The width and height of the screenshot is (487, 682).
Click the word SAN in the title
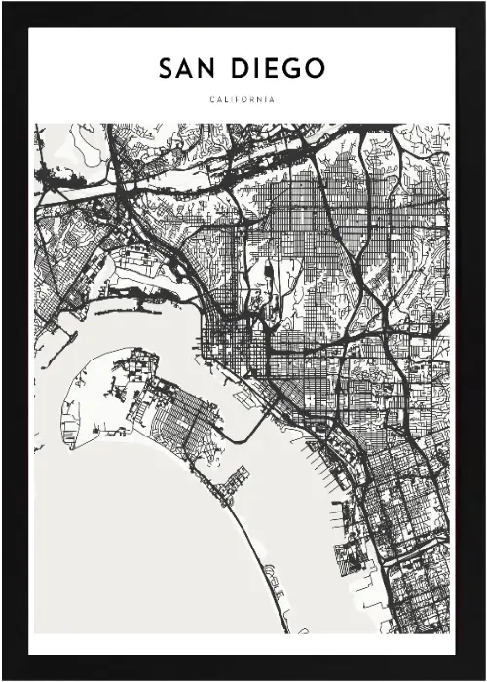(187, 69)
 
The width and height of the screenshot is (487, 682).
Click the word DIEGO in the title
(278, 69)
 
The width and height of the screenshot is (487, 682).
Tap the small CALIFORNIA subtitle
(243, 99)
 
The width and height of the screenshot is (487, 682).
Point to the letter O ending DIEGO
(315, 69)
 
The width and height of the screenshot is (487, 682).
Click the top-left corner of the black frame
(3, 3)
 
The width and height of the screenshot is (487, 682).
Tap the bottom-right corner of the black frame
(483, 678)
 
